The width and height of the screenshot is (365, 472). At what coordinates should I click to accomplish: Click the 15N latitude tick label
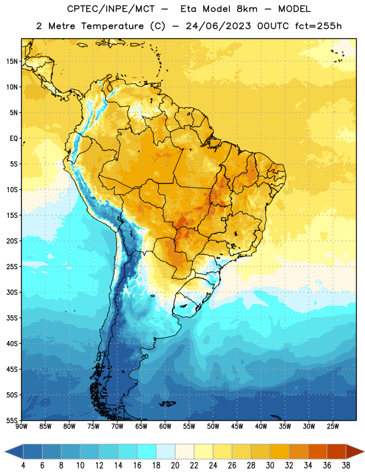12,61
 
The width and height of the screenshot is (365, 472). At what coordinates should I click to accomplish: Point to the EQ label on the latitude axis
14,139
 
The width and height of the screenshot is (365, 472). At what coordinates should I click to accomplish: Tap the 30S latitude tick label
12,292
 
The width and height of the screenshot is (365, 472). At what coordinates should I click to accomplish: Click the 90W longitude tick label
21,426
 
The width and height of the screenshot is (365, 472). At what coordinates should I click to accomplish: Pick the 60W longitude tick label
165,426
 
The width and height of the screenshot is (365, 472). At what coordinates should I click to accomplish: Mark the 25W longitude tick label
333,426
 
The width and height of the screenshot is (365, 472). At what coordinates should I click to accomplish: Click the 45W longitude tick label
237,426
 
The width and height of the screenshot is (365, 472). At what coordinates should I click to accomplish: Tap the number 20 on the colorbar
175,466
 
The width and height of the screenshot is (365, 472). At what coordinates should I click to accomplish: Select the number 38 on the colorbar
346,466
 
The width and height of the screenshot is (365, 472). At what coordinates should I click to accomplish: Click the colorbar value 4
23,466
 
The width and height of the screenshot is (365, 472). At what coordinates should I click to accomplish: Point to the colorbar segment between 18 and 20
166,451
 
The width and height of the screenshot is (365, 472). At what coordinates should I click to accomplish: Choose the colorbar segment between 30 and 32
280,451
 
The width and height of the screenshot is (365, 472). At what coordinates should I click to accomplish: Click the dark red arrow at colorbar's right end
355,451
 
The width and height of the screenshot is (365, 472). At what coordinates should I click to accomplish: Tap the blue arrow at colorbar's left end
14,451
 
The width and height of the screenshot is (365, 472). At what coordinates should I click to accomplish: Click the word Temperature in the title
112,26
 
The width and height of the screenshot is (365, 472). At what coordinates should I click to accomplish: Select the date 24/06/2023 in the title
218,26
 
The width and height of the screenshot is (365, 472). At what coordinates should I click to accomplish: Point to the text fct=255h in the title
318,26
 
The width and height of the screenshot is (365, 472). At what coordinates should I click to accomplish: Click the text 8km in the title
247,9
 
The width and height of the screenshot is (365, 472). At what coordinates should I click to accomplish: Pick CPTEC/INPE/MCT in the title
111,9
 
